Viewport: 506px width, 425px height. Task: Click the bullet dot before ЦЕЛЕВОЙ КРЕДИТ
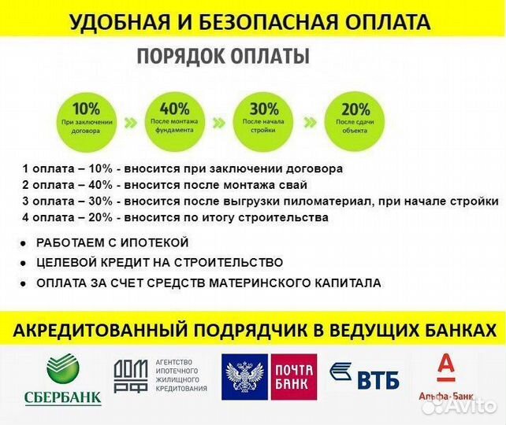click(24, 264)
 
